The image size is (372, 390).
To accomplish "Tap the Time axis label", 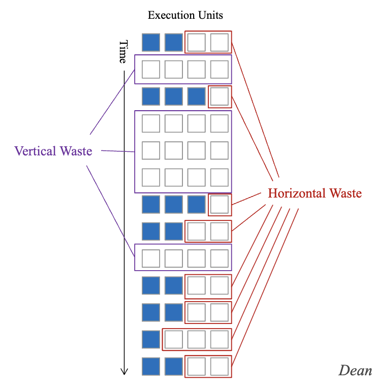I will tap(122, 52).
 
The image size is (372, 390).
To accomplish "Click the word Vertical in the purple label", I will tap(35, 151).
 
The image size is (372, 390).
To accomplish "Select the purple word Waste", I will tap(76, 151).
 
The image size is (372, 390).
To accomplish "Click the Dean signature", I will tap(355, 371).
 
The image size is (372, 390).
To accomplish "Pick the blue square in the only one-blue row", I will tap(151, 339).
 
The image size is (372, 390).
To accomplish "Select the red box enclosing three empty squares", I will tap(197, 339).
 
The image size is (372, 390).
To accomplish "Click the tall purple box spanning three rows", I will tap(183, 151).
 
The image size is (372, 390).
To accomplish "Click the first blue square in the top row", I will tap(151, 42).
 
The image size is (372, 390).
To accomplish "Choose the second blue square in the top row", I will tap(174, 42).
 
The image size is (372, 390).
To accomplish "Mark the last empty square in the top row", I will tap(220, 42).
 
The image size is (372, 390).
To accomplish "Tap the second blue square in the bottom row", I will tap(174, 367).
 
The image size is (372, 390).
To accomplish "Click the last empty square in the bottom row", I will tap(220, 367).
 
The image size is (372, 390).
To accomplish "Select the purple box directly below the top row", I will tap(183, 69).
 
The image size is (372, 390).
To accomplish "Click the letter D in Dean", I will tap(344, 371).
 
